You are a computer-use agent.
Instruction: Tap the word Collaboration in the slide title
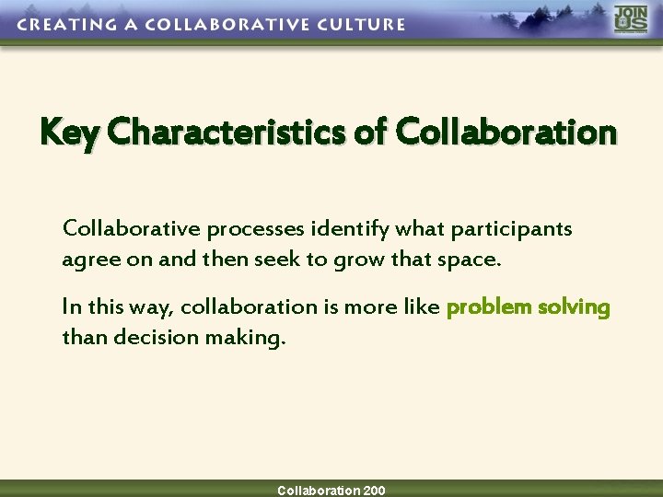pyautogui.click(x=506, y=133)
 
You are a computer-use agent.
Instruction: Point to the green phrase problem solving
pyautogui.click(x=528, y=307)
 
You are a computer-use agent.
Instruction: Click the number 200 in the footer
pyautogui.click(x=374, y=491)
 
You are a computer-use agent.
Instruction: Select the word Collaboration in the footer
pyautogui.click(x=319, y=491)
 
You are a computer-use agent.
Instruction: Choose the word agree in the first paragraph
pyautogui.click(x=85, y=260)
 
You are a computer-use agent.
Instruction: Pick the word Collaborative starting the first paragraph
pyautogui.click(x=132, y=229)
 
